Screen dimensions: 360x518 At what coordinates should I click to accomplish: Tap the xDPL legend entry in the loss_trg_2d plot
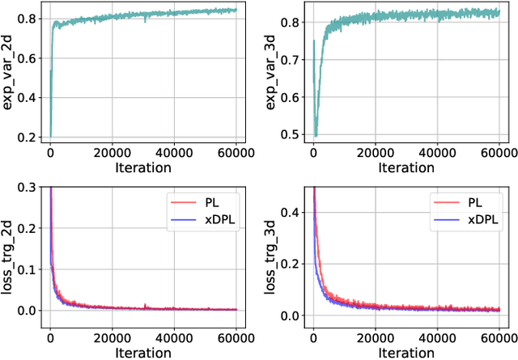coord(216,218)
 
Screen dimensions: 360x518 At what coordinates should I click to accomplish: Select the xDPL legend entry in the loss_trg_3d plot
coord(480,218)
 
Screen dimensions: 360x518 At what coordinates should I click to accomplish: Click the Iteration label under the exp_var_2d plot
coord(142,168)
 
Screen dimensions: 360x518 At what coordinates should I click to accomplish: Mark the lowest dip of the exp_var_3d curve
coord(316,135)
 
